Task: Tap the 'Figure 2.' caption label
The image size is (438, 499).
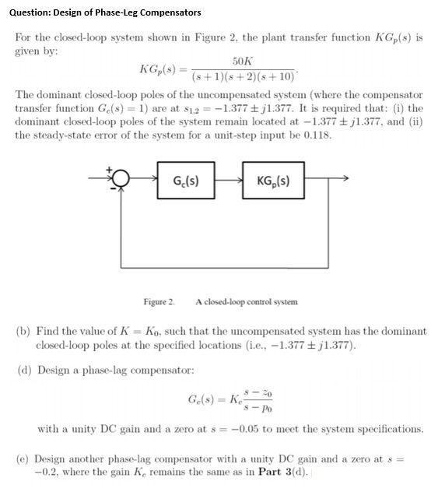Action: pyautogui.click(x=159, y=301)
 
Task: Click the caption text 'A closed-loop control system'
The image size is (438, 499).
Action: pyautogui.click(x=246, y=301)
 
